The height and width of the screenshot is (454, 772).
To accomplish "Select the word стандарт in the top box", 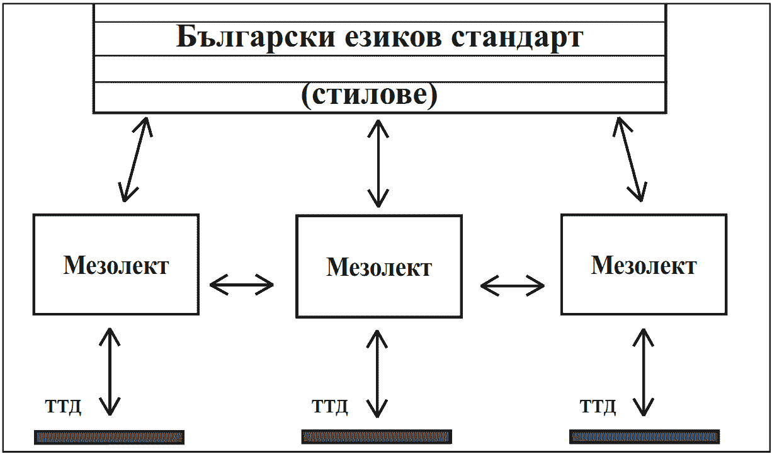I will [x=516, y=38].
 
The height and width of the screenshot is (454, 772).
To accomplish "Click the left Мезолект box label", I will [x=116, y=265].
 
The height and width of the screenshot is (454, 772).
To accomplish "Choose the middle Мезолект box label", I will [x=379, y=268].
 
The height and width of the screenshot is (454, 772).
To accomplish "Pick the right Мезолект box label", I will [x=644, y=265].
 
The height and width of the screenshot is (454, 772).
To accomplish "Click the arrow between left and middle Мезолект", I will [x=242, y=285].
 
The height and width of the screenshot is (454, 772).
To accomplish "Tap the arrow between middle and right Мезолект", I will [x=512, y=286].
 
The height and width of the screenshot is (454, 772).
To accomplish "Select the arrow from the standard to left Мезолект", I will [x=136, y=159].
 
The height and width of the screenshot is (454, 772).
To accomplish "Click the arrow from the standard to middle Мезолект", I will [x=378, y=162].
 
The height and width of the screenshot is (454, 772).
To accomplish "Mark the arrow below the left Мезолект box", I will [x=110, y=372].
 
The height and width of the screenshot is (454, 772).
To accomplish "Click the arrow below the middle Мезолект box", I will [x=377, y=373].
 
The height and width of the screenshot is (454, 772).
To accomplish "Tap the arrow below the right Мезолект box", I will [x=643, y=372].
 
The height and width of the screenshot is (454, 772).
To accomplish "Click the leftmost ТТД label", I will [x=64, y=407].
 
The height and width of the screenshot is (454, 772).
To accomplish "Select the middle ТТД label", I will [x=330, y=407].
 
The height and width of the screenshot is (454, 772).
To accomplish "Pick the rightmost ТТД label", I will [x=598, y=407].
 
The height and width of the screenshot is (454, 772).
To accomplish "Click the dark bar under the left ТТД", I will [x=109, y=437].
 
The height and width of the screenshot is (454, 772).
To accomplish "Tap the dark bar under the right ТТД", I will [x=644, y=437].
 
